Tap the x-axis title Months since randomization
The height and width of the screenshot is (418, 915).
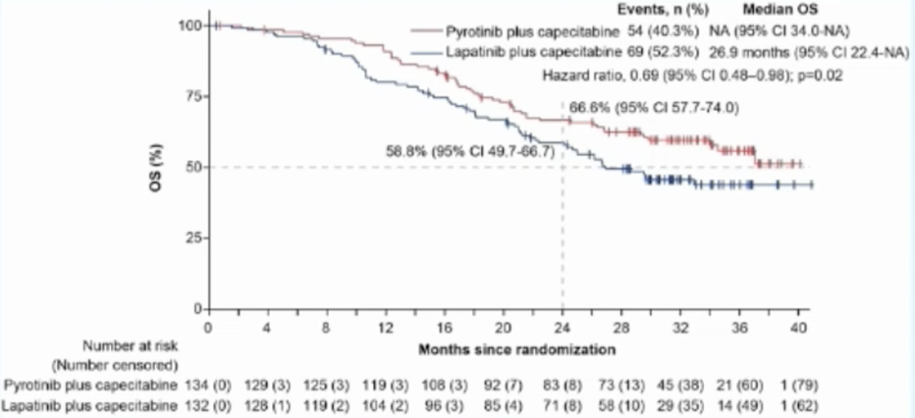click(517, 348)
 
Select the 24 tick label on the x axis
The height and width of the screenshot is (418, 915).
click(562, 326)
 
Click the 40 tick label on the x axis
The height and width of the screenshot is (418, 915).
click(797, 326)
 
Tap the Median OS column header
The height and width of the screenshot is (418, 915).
click(779, 10)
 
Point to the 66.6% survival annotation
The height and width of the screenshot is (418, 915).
click(654, 108)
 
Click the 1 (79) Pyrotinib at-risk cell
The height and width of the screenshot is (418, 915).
click(797, 386)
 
